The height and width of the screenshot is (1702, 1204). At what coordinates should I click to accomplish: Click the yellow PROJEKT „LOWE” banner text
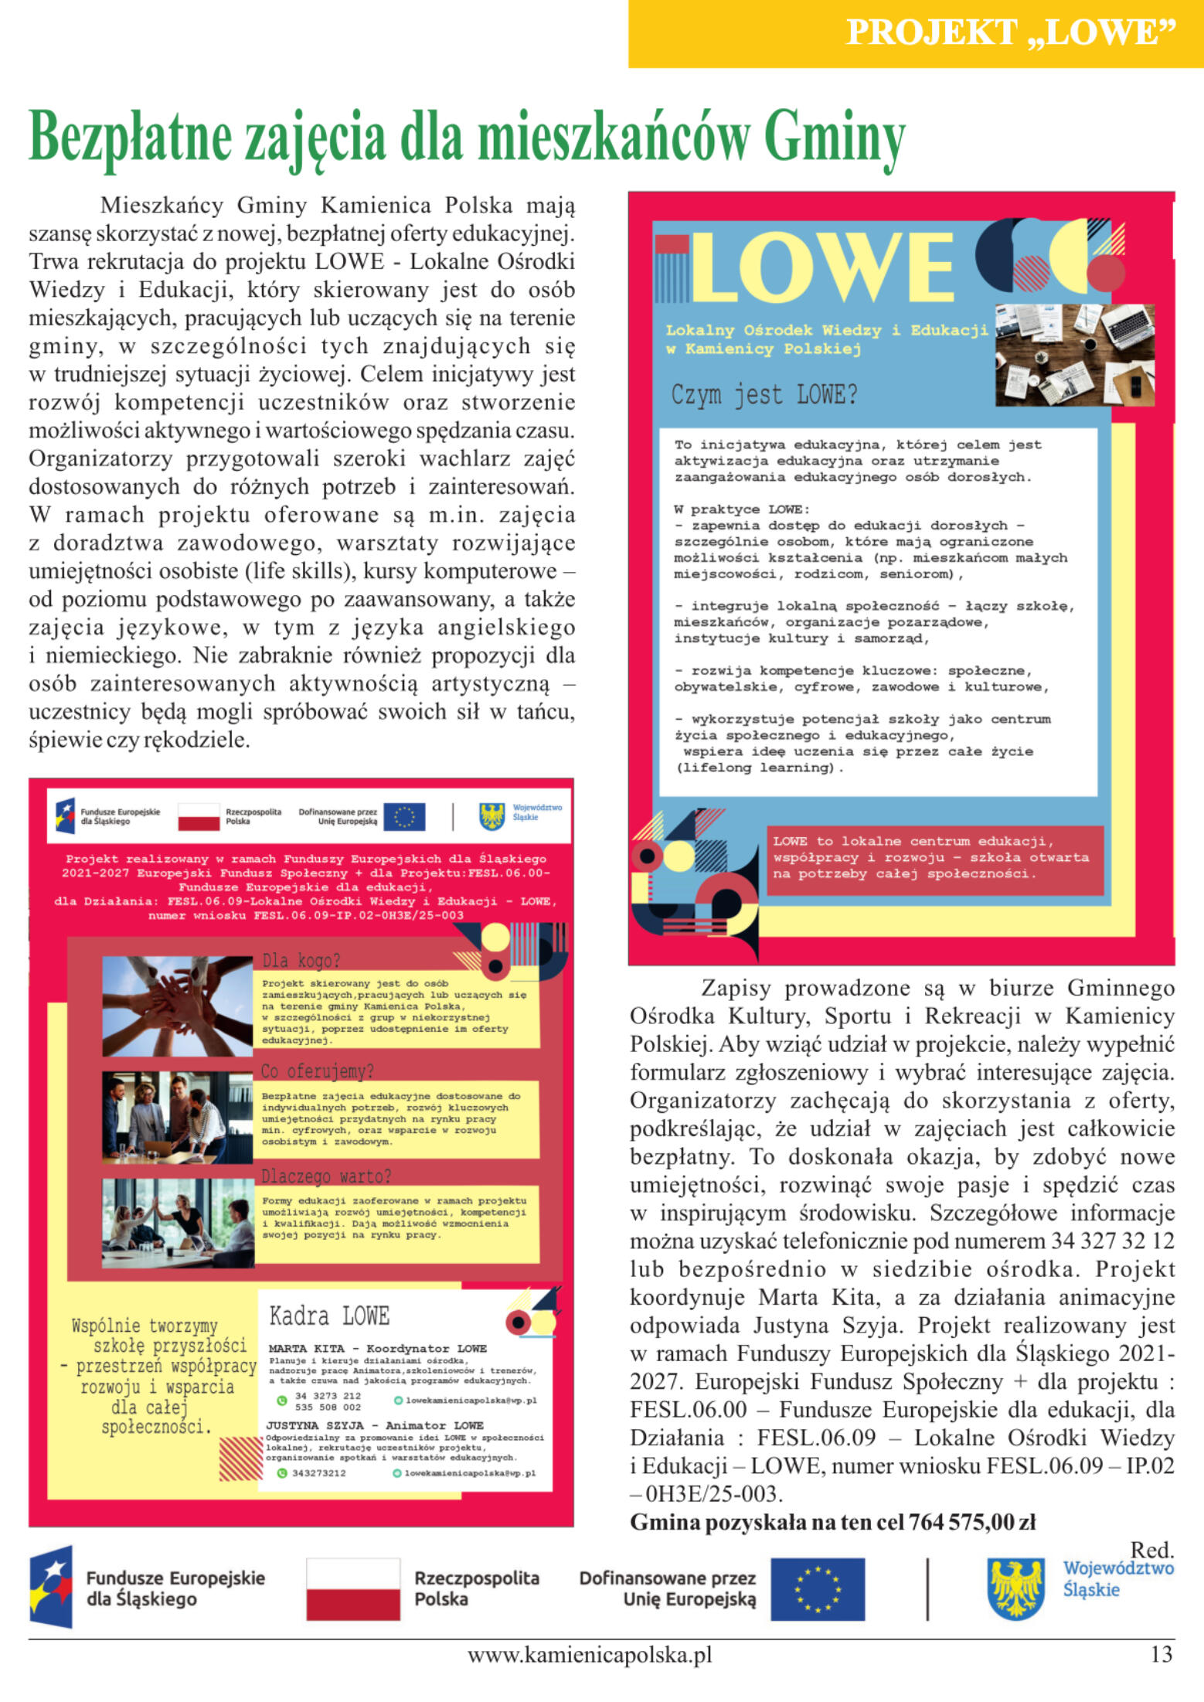(1010, 32)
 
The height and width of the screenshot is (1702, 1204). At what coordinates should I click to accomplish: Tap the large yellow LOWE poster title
(824, 267)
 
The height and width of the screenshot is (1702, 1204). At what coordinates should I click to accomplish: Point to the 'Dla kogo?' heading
(301, 961)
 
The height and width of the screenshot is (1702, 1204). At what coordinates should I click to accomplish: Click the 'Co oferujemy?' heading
(317, 1071)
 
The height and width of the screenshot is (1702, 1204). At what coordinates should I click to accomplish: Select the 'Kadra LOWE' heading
(329, 1316)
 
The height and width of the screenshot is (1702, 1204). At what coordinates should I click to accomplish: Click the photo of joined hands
(177, 1006)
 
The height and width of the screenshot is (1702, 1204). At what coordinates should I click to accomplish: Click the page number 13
(1161, 1656)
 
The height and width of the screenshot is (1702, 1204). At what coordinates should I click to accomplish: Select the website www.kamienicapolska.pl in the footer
(589, 1656)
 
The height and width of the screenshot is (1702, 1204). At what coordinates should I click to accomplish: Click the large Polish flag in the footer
(353, 1589)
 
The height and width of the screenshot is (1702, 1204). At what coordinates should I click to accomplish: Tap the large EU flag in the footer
(818, 1589)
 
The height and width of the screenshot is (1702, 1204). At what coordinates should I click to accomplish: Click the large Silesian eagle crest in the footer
(1016, 1589)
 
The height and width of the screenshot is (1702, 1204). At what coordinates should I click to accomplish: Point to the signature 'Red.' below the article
(1151, 1549)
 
